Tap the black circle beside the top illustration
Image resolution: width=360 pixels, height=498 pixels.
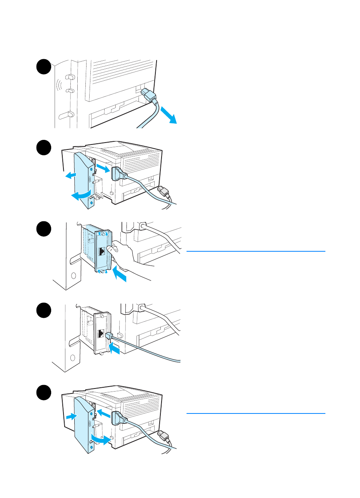pyautogui.click(x=44, y=67)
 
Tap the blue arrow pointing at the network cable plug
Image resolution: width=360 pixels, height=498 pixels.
pyautogui.click(x=115, y=349)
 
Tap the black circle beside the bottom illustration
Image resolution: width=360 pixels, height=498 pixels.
pyautogui.click(x=44, y=392)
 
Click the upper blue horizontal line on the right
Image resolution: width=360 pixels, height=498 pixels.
pyautogui.click(x=256, y=251)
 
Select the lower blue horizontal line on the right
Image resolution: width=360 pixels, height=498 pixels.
pyautogui.click(x=256, y=413)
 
